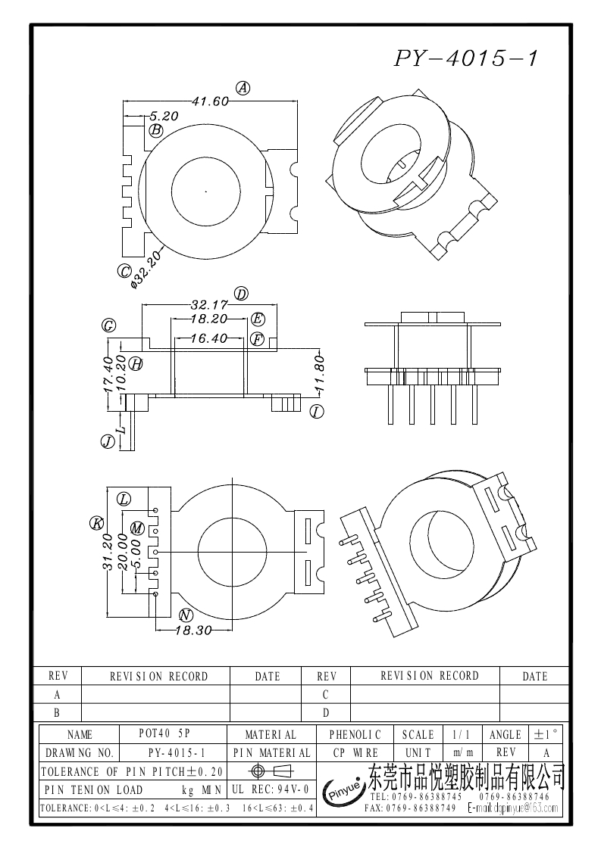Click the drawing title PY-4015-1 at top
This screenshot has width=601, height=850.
pos(465,58)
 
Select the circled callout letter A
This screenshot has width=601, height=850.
pos(243,88)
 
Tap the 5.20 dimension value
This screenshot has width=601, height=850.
pos(163,117)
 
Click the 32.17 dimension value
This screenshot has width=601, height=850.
pos(209,305)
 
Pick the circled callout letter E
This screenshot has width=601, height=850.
pos(258,319)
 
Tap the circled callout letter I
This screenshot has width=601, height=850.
pos(317,412)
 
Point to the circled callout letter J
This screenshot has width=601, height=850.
pos(108,441)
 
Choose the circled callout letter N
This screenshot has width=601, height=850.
pos(185,615)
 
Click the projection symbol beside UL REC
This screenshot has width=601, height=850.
pos(271,771)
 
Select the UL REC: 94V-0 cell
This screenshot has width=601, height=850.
pos(271,789)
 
